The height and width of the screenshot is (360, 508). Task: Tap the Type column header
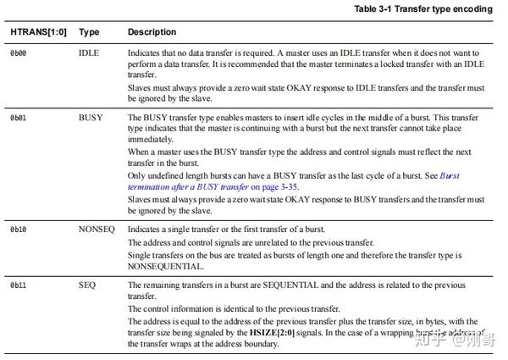(x=89, y=32)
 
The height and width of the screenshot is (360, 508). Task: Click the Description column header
(x=152, y=32)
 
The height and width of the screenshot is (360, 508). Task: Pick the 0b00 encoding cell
(x=19, y=53)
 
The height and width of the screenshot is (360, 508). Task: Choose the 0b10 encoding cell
(x=19, y=230)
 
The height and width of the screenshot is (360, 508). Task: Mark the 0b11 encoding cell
(x=19, y=285)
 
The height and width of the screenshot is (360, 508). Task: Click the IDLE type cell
(x=88, y=53)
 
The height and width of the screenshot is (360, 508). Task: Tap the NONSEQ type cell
(x=95, y=230)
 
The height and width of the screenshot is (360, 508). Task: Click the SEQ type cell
(x=86, y=285)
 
